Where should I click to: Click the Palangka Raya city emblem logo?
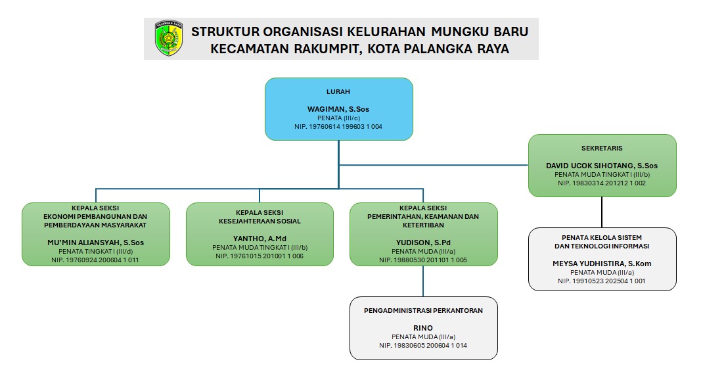coord(169,38)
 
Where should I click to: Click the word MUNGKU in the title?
coord(459,32)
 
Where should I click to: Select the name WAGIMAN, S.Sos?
coord(338,109)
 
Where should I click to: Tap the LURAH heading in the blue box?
coord(338,91)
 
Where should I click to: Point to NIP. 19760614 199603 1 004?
coord(338,127)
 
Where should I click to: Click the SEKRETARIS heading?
coord(602,148)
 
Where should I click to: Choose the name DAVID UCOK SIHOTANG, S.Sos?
coord(602,166)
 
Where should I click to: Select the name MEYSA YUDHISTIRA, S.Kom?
coord(602,264)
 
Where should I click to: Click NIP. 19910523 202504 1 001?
coord(602,281)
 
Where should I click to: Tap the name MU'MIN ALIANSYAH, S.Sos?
coord(95,243)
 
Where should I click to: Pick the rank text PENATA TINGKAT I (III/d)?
coord(95,251)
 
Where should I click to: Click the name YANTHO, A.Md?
coord(260,239)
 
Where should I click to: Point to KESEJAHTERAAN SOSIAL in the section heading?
coord(260,221)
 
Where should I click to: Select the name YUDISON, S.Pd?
coord(423,243)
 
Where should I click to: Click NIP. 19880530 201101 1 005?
coord(423,260)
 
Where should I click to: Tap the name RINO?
coord(423,328)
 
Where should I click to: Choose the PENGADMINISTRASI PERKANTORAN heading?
coord(423,310)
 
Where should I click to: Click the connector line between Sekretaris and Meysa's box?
coord(602,212)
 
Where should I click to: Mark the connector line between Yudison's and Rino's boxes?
coord(423,281)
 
